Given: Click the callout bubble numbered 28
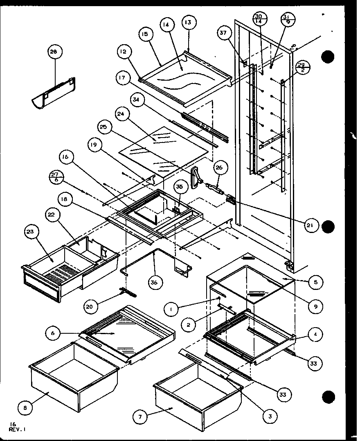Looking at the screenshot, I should click(x=54, y=52).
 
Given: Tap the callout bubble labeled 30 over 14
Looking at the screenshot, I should click(x=258, y=19).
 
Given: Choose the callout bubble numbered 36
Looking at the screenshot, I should click(x=156, y=282).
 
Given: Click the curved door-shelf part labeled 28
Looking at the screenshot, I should click(x=53, y=93).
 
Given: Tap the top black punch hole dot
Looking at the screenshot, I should click(x=328, y=57).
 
